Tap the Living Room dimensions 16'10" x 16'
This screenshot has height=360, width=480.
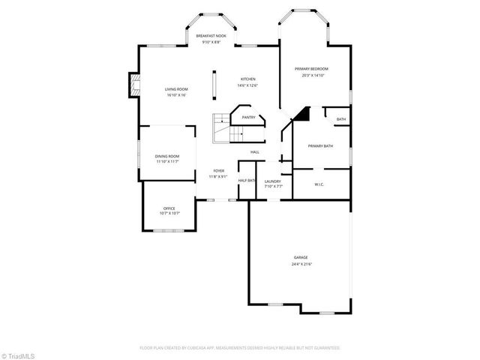(176, 95)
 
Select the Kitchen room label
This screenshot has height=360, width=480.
(248, 79)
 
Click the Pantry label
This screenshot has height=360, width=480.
(248, 118)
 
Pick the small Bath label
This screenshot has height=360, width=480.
(341, 119)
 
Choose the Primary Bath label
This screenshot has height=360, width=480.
(320, 145)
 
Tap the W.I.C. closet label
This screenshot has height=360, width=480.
(319, 183)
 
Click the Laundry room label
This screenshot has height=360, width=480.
(272, 181)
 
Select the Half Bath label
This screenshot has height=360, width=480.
(247, 181)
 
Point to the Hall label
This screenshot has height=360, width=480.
(255, 152)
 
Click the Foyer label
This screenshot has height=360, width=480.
(218, 171)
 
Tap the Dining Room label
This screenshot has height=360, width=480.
(168, 156)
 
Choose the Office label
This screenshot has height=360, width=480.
(169, 208)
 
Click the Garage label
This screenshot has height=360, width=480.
(301, 257)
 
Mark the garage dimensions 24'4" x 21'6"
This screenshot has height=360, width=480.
(301, 264)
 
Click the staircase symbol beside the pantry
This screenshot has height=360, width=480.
(223, 127)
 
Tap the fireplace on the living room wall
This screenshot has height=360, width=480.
(133, 86)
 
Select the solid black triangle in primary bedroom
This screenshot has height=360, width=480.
(301, 114)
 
